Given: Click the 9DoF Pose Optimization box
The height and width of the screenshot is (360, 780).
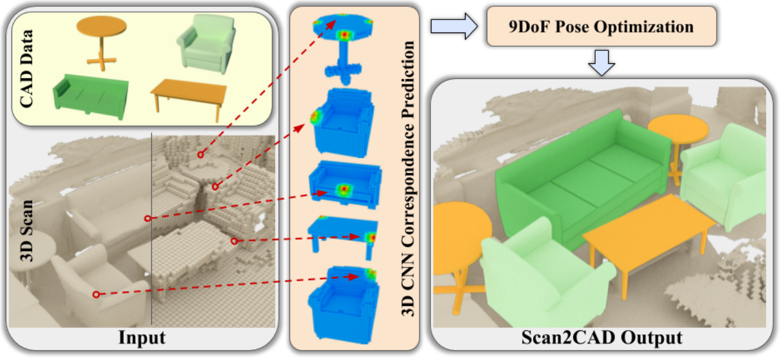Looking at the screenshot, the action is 601,26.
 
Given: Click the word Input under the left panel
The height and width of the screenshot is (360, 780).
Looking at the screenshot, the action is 142,337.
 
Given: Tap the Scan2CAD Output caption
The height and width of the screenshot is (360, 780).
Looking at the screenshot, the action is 602,337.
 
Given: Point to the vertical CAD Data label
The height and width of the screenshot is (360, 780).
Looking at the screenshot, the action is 26,68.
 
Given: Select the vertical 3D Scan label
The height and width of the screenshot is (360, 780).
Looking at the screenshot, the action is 26,230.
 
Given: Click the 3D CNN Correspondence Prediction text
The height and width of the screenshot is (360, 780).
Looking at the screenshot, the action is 408,179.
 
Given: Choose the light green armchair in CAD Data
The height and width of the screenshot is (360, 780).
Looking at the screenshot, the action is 207,43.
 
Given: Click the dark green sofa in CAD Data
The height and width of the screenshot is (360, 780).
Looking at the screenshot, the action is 91,96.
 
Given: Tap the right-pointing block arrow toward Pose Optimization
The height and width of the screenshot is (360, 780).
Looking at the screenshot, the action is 454,26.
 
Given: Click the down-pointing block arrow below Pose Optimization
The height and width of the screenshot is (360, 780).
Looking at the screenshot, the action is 601,63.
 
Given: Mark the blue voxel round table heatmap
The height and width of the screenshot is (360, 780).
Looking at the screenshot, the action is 343,48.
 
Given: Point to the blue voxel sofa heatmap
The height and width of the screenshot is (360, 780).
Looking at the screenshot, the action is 345,184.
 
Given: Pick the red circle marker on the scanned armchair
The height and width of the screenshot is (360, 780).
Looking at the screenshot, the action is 96,294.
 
